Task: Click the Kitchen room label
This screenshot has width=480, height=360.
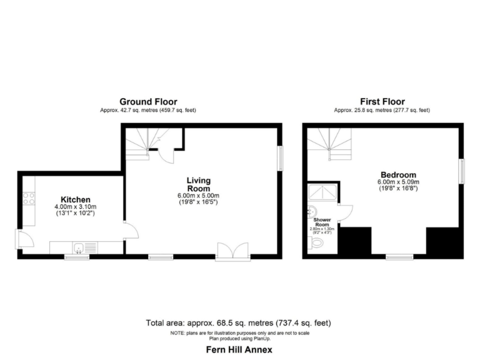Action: point(75,199)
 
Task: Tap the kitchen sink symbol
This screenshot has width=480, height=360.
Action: point(79,248)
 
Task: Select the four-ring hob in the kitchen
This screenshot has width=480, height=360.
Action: point(29,199)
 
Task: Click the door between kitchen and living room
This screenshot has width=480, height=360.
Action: point(129,230)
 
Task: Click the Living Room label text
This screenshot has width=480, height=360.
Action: point(198,184)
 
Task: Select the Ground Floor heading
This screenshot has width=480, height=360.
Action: point(148,101)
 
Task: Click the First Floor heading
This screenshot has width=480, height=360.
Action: point(382,101)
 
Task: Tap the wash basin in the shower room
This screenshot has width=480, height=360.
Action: point(311,210)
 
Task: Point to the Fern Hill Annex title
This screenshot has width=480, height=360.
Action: point(239,350)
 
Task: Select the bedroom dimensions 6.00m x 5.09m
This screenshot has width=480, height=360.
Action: point(397,182)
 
